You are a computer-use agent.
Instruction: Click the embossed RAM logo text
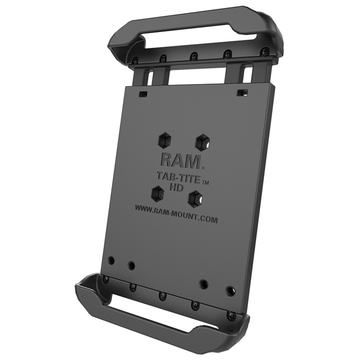181,161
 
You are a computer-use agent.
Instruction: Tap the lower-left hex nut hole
158,193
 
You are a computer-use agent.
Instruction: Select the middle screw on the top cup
194,56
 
